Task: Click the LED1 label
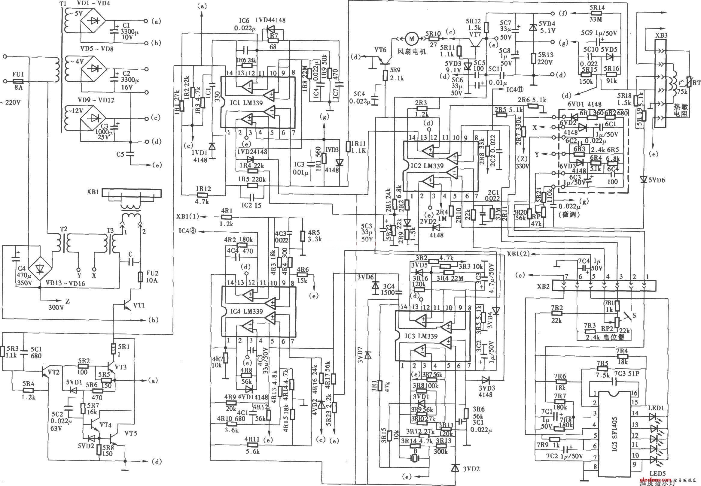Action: point(655,408)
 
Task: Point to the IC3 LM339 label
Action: point(422,336)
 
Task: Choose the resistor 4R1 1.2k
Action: point(227,217)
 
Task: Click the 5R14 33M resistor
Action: point(597,14)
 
